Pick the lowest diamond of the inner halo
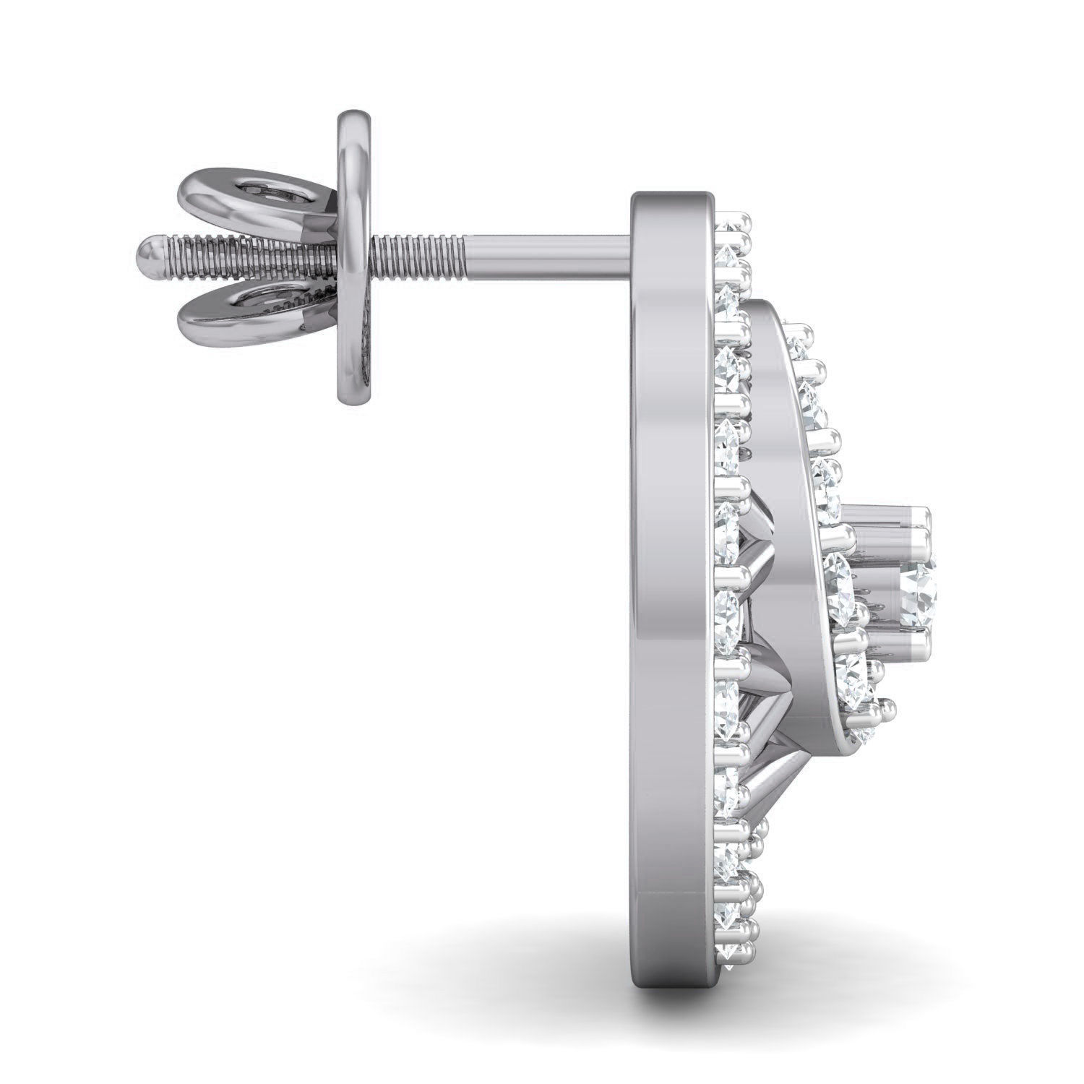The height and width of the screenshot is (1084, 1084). point(864,734)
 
